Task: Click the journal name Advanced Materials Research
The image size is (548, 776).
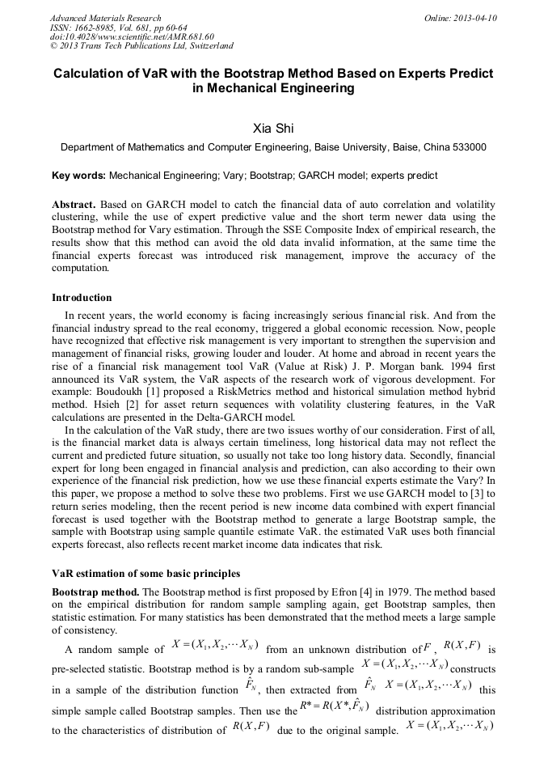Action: point(105,18)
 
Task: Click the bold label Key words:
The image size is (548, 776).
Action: point(78,175)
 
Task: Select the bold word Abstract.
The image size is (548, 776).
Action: point(74,206)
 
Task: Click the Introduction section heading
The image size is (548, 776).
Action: point(82,298)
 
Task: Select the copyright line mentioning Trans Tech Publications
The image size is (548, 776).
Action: point(141,46)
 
